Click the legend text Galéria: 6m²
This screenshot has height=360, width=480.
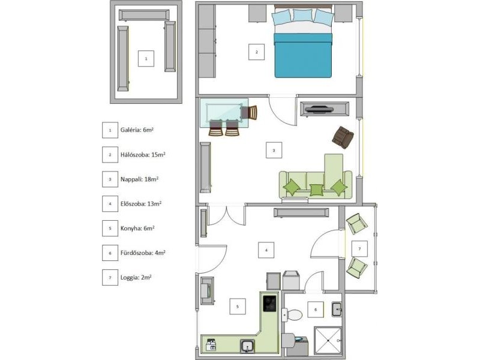(137, 130)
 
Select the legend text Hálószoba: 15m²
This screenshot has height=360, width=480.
(143, 154)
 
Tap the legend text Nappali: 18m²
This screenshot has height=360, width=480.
(139, 179)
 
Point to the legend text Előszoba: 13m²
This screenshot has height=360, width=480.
(141, 203)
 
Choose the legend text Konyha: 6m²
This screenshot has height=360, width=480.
(137, 229)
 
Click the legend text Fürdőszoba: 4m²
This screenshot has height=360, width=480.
(143, 253)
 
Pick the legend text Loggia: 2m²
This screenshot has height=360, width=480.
(136, 278)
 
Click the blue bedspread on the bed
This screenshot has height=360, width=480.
(303, 55)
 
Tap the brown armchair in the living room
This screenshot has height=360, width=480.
(343, 138)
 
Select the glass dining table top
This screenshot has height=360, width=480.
(224, 113)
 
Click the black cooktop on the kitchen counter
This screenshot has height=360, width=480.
(269, 304)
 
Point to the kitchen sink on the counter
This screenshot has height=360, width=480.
(247, 346)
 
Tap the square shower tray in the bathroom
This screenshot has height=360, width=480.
(328, 340)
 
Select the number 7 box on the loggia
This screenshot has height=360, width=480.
(359, 248)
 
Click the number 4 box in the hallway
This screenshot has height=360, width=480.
(266, 250)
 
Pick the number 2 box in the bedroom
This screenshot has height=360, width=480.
(257, 52)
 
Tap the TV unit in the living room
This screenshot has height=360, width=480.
(325, 109)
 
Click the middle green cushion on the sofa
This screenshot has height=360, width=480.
(316, 190)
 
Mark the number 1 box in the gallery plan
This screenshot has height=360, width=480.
(146, 58)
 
